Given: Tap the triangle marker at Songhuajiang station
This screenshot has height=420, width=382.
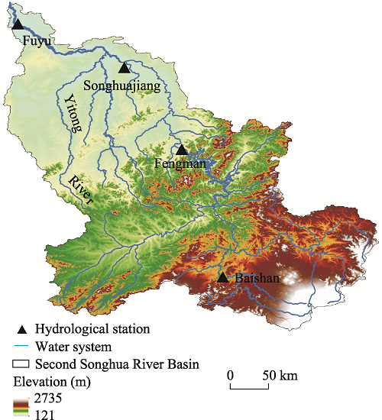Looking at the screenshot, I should (125, 68).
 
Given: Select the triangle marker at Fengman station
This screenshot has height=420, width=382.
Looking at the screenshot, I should (182, 150).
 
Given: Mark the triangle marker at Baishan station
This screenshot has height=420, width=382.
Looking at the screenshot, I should (222, 277).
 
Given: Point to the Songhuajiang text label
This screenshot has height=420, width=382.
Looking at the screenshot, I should (127, 86).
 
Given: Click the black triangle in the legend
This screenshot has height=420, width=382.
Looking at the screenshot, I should (22, 329).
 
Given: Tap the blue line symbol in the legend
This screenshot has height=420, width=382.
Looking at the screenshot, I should (22, 347).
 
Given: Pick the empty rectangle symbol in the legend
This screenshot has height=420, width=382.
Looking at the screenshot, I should (22, 364).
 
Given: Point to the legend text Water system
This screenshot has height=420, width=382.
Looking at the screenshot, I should (73, 347).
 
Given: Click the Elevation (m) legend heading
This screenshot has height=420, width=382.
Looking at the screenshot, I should (50, 381).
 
